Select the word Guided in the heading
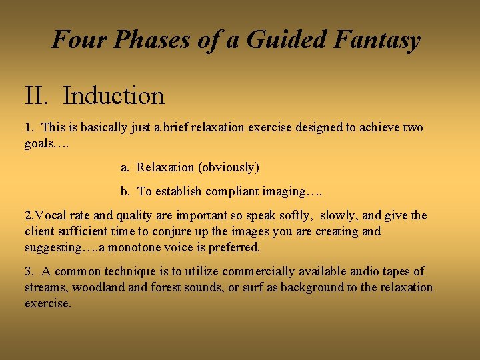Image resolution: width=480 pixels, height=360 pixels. coord(283,40)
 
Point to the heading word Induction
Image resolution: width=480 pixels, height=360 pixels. coord(114,96)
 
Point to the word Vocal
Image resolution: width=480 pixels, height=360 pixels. coord(49,215)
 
